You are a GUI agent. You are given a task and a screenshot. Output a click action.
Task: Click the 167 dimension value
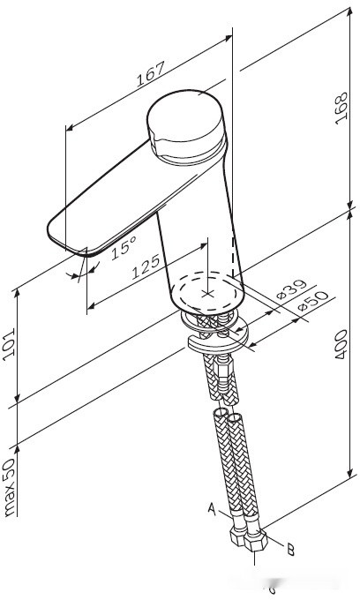tap(153, 79)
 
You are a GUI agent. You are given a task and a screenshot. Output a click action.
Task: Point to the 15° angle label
tap(124, 247)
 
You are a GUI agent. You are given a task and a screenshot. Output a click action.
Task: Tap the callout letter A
tap(212, 509)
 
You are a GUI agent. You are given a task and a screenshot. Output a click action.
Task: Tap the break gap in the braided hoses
tap(227, 402)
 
